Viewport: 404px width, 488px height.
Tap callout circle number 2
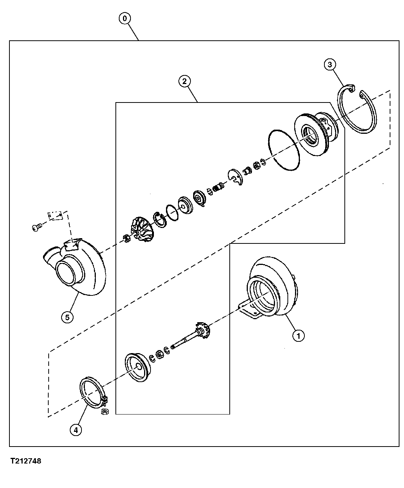[184, 81]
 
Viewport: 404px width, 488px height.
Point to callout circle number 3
[330, 65]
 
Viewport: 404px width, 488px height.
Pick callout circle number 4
[75, 430]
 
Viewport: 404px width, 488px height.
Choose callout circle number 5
[67, 317]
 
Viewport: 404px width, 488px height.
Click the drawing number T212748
[26, 461]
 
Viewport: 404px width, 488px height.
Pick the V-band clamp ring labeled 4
[92, 392]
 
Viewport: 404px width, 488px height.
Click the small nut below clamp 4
[105, 412]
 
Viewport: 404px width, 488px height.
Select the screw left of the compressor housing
[36, 228]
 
